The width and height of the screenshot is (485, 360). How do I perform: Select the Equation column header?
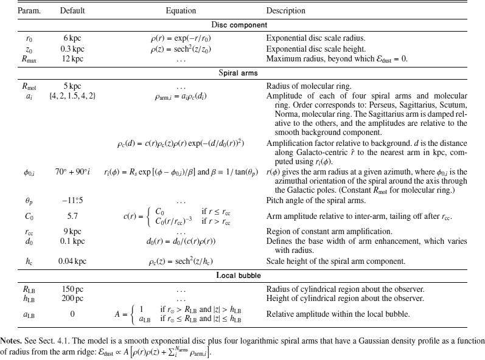[x=181, y=11]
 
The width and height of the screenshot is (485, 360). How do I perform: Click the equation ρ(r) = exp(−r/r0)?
[x=181, y=38]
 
